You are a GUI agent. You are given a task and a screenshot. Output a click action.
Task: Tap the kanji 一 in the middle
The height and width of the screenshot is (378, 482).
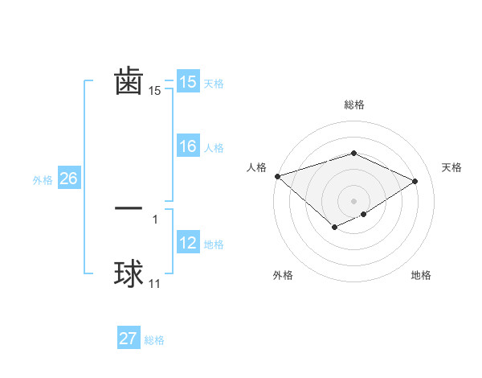[129, 207]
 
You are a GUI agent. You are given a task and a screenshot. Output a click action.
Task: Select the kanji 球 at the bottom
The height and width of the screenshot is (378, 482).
[129, 274]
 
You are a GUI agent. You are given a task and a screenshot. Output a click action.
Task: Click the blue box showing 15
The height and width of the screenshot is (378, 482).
[187, 82]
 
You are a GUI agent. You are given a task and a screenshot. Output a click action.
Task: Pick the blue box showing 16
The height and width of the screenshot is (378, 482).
[187, 146]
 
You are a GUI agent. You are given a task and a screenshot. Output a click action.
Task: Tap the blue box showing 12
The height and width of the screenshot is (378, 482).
[187, 243]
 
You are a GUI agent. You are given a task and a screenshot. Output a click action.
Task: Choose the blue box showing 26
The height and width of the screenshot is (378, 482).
[68, 179]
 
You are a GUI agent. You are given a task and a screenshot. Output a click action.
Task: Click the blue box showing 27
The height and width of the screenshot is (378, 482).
[129, 339]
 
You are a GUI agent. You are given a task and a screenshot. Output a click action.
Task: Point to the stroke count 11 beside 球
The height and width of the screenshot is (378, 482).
[155, 285]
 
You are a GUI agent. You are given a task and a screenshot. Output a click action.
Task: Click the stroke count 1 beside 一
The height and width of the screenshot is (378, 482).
[154, 219]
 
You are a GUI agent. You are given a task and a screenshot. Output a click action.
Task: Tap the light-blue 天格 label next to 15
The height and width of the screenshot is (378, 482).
[214, 84]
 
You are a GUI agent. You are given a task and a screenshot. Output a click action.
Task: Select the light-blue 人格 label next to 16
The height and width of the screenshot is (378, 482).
[214, 148]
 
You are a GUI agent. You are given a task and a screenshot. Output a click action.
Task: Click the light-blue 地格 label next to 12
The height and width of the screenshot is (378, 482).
[214, 244]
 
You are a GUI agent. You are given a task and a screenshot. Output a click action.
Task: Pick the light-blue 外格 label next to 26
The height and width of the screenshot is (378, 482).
[43, 180]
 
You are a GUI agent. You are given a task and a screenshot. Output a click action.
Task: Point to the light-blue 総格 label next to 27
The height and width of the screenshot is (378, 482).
[154, 340]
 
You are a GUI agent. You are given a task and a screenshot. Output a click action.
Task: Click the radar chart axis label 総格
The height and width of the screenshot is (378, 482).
[353, 105]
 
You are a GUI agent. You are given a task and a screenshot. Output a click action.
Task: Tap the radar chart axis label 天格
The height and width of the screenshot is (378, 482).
[452, 167]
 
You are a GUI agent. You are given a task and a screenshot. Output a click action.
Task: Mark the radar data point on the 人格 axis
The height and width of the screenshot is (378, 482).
[277, 175]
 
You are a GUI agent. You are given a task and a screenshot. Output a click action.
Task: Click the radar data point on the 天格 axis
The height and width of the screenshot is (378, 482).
[415, 181]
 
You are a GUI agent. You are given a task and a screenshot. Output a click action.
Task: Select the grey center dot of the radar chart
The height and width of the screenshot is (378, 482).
[353, 200]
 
